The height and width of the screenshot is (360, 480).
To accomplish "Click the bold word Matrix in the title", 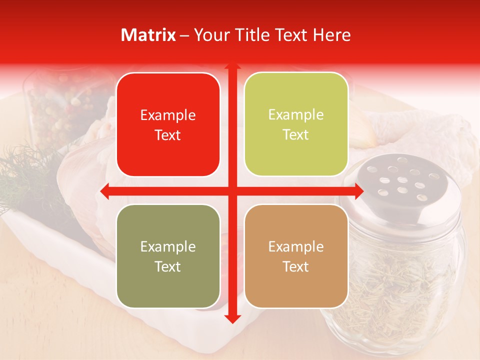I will tap(148, 35).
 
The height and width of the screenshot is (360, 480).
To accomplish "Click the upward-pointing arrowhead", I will tap(232, 67).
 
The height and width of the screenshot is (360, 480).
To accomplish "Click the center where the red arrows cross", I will tap(232, 191).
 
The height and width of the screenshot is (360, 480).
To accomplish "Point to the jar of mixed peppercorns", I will tap(60, 110).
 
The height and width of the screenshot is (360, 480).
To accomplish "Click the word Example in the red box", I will tap(168, 115).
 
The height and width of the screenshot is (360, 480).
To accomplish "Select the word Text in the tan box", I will tap(296, 266).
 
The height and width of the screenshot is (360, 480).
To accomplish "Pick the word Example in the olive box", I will tap(168, 247).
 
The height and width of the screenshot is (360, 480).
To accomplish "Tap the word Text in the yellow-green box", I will tap(296, 135).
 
